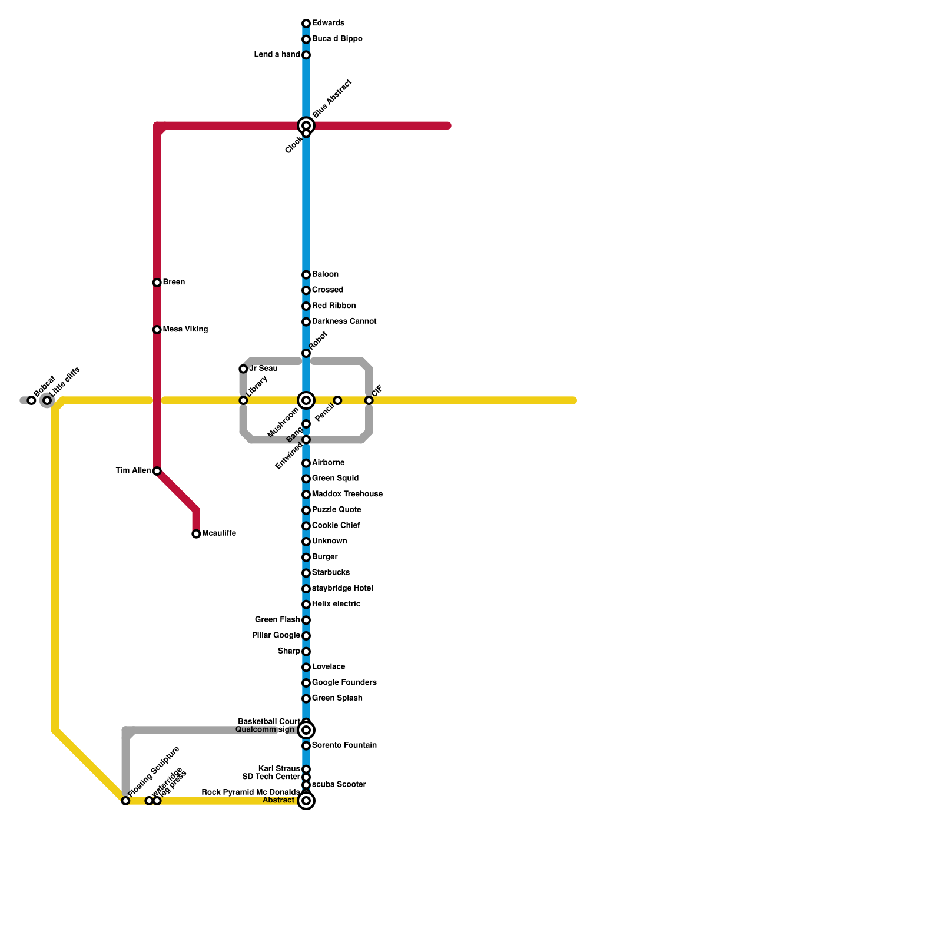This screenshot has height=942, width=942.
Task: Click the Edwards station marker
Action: tap(306, 24)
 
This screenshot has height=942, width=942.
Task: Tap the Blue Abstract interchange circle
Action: tap(306, 125)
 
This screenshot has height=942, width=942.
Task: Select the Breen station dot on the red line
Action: tap(157, 283)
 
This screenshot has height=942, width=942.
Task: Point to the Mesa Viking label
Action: tap(185, 330)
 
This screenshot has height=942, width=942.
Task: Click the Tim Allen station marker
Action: tap(157, 471)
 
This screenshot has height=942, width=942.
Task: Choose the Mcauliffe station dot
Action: tap(196, 534)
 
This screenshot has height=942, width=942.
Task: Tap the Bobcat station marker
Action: tap(32, 400)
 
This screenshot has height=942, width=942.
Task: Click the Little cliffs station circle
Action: tap(47, 400)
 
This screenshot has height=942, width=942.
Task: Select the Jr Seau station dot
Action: tap(243, 369)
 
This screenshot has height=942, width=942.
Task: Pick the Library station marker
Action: tap(243, 400)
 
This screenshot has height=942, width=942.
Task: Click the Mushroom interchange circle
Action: tap(306, 400)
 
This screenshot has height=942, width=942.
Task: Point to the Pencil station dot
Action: tap(337, 400)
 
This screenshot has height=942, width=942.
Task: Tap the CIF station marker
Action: tap(369, 400)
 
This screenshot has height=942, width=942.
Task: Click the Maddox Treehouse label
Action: tap(347, 495)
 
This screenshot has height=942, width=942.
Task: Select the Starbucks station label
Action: tap(331, 573)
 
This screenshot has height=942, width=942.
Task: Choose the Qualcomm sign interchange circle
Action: tap(306, 730)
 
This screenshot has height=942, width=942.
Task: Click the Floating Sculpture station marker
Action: tap(125, 801)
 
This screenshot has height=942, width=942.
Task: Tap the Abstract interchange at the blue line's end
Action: tap(306, 801)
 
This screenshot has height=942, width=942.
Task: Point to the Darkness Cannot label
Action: tap(344, 321)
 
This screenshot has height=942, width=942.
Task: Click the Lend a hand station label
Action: tap(277, 55)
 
